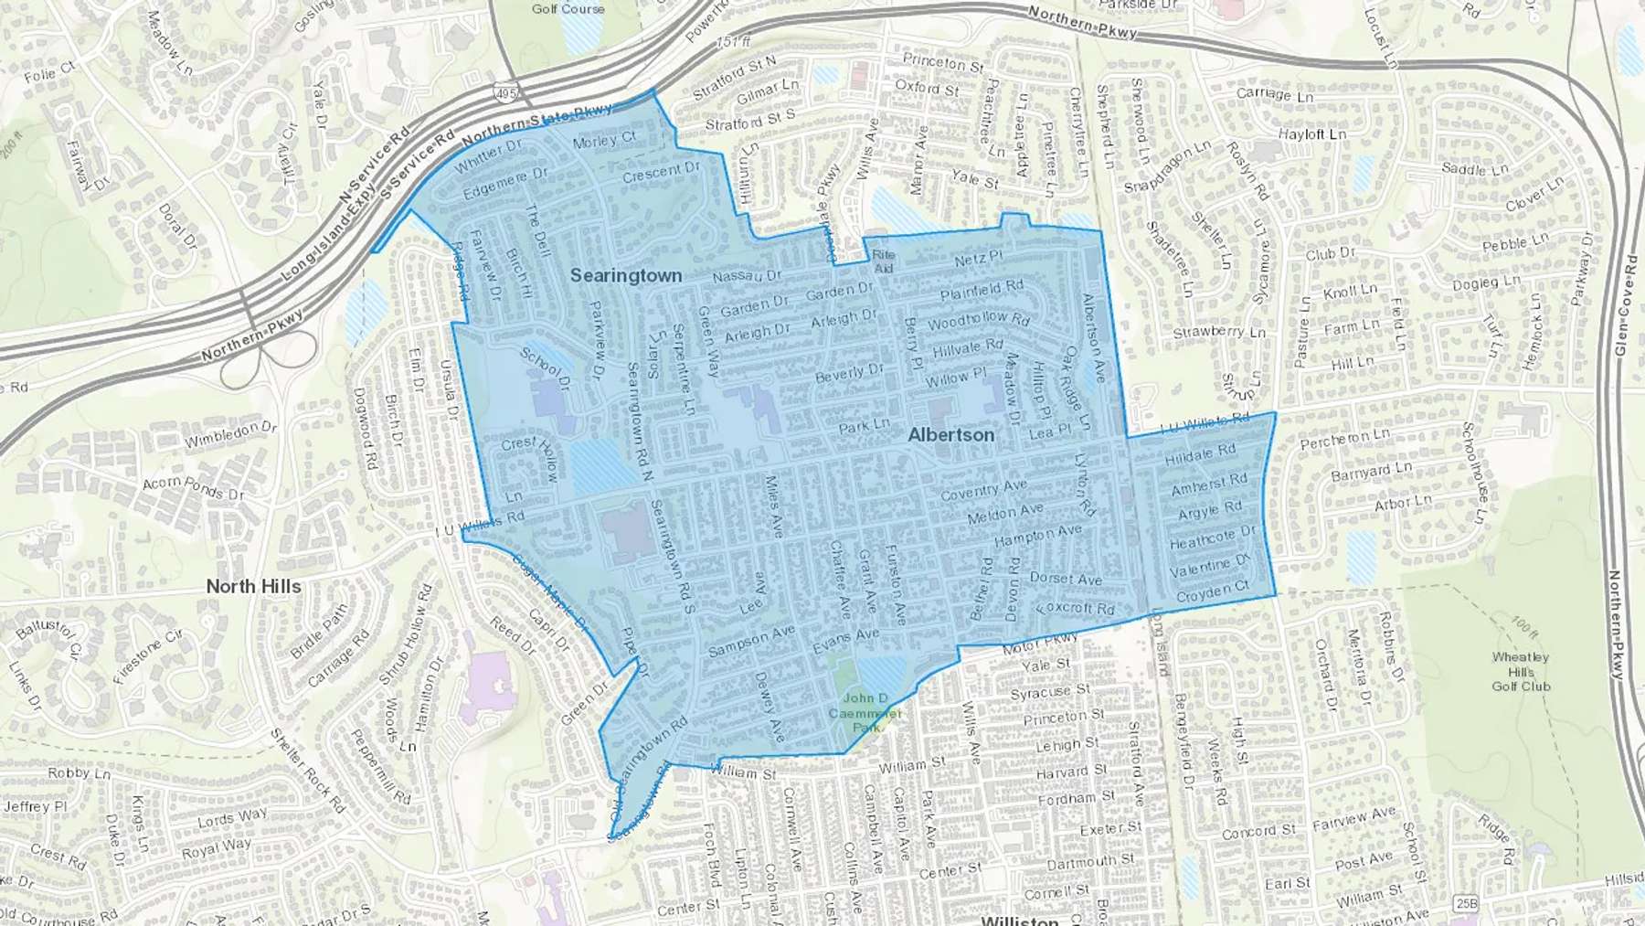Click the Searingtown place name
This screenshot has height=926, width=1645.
626,275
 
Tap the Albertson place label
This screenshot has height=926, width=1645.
950,435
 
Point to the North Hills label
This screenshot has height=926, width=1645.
253,586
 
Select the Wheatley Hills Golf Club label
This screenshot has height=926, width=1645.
1521,671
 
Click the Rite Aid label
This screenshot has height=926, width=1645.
884,261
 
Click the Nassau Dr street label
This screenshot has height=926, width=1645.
748,275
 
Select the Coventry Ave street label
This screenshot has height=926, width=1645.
983,490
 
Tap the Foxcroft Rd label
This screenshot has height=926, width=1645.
1076,609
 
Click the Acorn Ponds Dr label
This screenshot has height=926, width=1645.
194,488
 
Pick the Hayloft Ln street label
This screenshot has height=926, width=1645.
1312,134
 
